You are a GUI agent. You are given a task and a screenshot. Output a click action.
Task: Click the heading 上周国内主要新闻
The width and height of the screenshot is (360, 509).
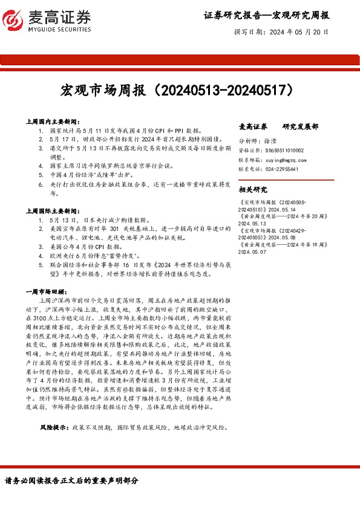click(50, 122)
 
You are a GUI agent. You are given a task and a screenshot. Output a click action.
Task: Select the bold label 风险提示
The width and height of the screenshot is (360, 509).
click(54, 427)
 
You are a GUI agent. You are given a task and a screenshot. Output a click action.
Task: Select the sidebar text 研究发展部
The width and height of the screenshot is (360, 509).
click(301, 127)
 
